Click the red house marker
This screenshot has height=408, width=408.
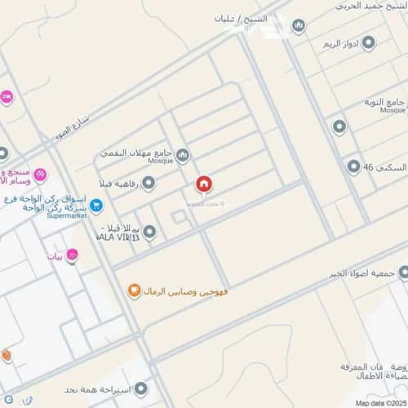[202, 185]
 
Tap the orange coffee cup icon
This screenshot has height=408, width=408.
[134, 290]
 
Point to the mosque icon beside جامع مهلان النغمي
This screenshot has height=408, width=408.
[183, 154]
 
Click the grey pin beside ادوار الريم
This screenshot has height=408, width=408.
[368, 42]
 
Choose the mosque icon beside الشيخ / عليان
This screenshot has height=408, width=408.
[298, 26]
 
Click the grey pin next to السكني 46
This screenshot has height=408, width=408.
[353, 167]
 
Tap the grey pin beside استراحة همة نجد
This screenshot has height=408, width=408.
[142, 388]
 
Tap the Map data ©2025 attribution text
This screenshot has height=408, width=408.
[379, 402]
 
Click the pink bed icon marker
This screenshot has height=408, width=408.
[6, 98]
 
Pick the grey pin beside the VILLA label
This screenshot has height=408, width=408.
[148, 233]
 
